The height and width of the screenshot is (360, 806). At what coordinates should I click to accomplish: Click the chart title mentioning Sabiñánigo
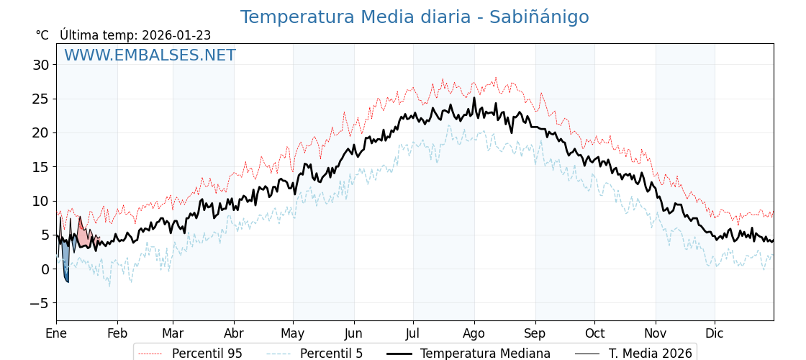click(x=414, y=17)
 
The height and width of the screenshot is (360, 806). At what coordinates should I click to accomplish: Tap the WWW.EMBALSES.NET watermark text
click(x=150, y=55)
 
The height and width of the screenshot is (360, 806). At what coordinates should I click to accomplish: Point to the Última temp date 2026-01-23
click(x=176, y=35)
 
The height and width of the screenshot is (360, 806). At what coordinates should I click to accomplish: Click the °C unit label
click(x=42, y=35)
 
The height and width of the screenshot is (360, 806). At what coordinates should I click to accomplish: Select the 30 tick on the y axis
click(x=40, y=65)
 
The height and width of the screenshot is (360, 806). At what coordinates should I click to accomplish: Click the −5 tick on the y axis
click(x=40, y=303)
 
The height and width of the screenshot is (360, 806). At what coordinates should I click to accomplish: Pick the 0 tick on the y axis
click(x=45, y=269)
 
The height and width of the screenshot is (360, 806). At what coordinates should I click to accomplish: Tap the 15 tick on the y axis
click(x=40, y=167)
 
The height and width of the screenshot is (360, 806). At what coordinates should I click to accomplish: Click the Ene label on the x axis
click(x=56, y=334)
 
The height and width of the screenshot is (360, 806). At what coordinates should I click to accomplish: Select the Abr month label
click(x=234, y=334)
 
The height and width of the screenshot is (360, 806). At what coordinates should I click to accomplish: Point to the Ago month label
click(x=474, y=334)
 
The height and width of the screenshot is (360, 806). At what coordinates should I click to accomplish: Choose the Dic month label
click(x=715, y=334)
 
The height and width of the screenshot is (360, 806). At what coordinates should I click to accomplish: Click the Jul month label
click(x=413, y=334)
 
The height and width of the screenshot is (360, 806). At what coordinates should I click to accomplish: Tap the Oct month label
click(x=594, y=334)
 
